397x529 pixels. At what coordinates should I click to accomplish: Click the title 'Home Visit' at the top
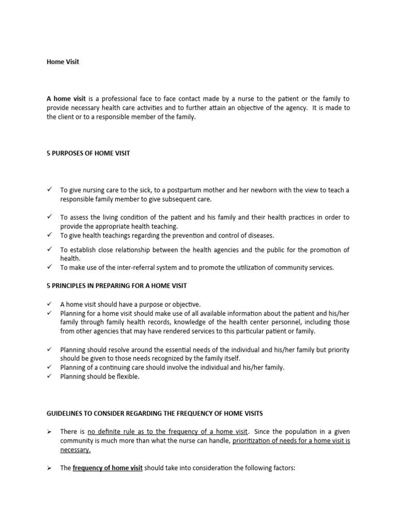63,62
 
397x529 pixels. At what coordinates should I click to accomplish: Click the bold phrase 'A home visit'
66,99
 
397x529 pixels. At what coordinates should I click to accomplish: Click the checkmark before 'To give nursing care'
50,190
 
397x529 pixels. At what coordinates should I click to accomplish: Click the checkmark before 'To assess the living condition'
50,217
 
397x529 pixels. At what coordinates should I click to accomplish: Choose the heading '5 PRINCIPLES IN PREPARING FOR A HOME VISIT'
117,286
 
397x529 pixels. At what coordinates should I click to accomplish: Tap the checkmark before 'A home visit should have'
50,304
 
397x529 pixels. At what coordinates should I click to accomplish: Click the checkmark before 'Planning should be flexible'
50,377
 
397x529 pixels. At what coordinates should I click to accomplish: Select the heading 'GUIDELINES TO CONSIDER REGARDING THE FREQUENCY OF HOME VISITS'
155,413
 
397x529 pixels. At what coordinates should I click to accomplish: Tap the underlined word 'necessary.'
75,450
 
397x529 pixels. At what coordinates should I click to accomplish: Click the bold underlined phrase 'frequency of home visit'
108,469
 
